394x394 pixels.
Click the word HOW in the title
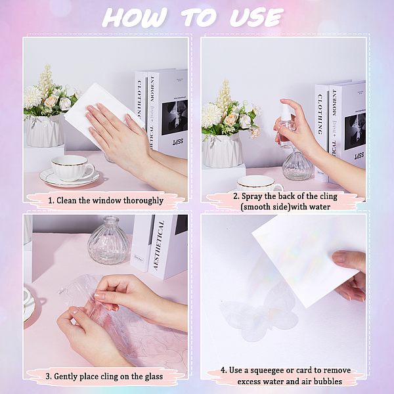pyautogui.click(x=135, y=17)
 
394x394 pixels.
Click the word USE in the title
pyautogui.click(x=257, y=17)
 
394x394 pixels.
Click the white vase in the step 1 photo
pyautogui.click(x=45, y=131)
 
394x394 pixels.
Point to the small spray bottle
pyautogui.click(x=286, y=126)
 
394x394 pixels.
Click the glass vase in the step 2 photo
pyautogui.click(x=297, y=165)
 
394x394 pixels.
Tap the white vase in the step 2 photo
pyautogui.click(x=223, y=150)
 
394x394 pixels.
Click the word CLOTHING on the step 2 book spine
pyautogui.click(x=320, y=114)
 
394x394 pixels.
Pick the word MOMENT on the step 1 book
pyautogui.click(x=152, y=89)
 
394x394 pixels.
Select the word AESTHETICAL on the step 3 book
pyautogui.click(x=159, y=245)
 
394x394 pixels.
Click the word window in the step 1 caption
pyautogui.click(x=107, y=200)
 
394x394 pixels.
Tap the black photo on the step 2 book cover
pyautogui.click(x=355, y=131)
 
